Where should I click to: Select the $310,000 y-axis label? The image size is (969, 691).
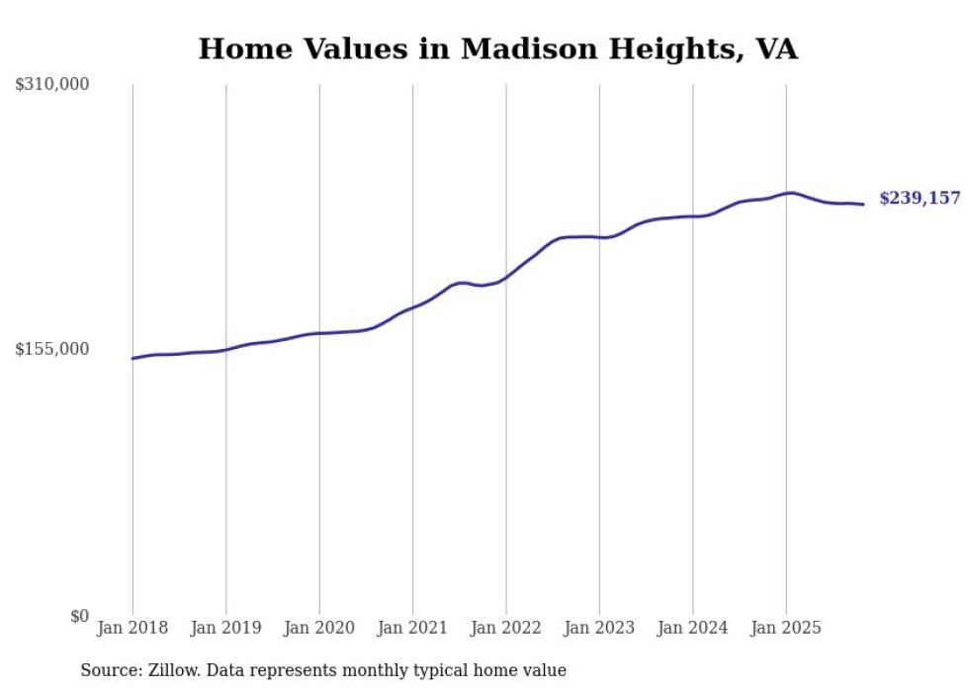52,85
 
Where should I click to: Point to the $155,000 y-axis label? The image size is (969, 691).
52,349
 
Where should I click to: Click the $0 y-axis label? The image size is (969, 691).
79,616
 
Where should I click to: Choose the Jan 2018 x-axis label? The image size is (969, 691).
132,628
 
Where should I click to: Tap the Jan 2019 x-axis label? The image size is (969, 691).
225,628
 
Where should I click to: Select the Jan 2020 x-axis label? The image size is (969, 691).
318,628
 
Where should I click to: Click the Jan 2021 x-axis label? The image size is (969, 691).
412,628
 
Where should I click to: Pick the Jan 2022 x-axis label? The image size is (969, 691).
505,628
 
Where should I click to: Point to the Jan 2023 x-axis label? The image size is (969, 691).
599,628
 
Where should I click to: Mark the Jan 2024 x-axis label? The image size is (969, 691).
692,628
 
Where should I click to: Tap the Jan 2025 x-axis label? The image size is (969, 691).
786,628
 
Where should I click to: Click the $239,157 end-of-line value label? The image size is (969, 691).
920,199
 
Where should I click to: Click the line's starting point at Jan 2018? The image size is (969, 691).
132,358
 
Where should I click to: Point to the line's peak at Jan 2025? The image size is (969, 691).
790,193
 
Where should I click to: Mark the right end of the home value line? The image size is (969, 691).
863,205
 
